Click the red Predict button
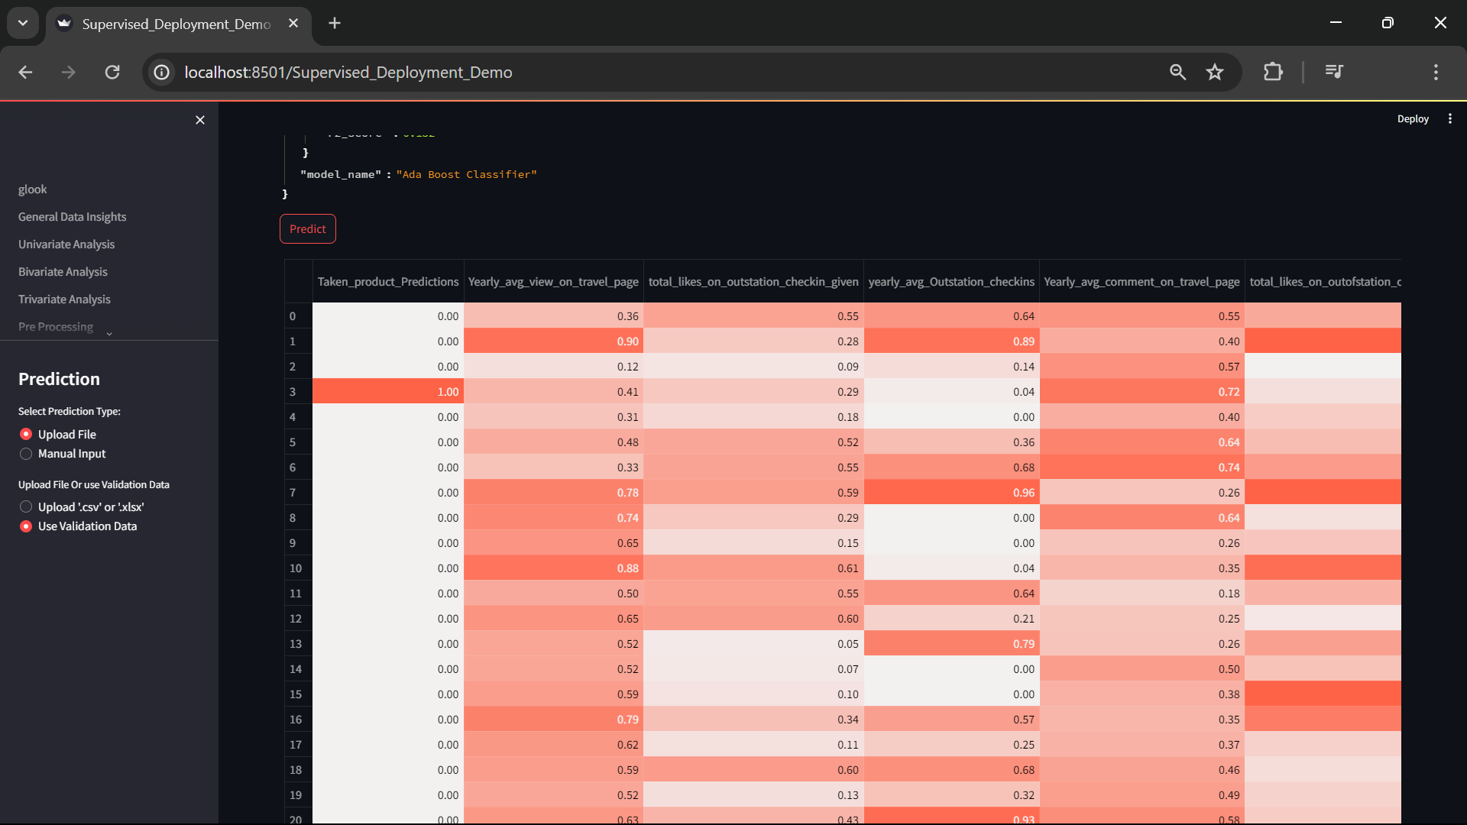coord(307,229)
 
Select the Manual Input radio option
coord(26,454)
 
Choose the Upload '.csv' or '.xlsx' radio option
coord(26,507)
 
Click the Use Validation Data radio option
coord(26,526)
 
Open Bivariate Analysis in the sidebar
coord(63,272)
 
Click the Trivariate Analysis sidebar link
coord(64,299)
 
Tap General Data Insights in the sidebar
coord(72,217)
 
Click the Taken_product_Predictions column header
coord(388,282)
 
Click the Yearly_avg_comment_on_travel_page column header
coord(1142,282)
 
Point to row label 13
coord(296,644)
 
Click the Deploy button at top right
coord(1413,119)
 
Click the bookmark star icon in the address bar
coord(1215,73)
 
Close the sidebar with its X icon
coord(200,120)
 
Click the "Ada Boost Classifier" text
coord(466,175)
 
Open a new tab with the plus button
coord(335,24)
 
